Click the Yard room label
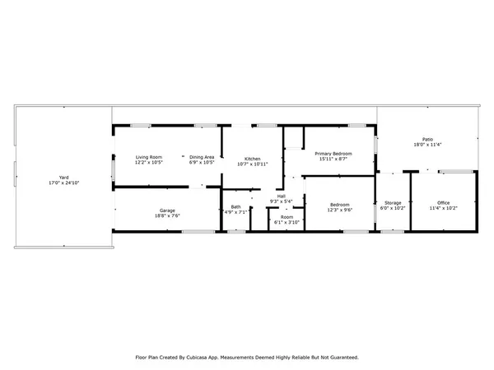click(x=63, y=177)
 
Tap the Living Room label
click(x=149, y=157)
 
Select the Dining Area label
click(x=202, y=157)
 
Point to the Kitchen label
click(x=252, y=158)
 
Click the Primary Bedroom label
click(x=333, y=153)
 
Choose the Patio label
click(x=427, y=140)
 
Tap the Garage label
click(x=167, y=210)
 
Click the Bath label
click(x=235, y=206)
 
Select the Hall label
click(x=281, y=196)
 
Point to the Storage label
click(x=393, y=202)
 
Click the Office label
click(x=444, y=202)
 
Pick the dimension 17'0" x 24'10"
click(x=63, y=183)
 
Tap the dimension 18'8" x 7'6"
click(x=167, y=216)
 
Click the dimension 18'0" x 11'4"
click(x=427, y=146)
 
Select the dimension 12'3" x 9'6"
click(x=339, y=210)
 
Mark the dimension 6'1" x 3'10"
click(x=287, y=222)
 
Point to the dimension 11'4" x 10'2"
click(x=444, y=208)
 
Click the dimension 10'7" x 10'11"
click(x=252, y=164)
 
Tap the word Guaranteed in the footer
click(x=341, y=358)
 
